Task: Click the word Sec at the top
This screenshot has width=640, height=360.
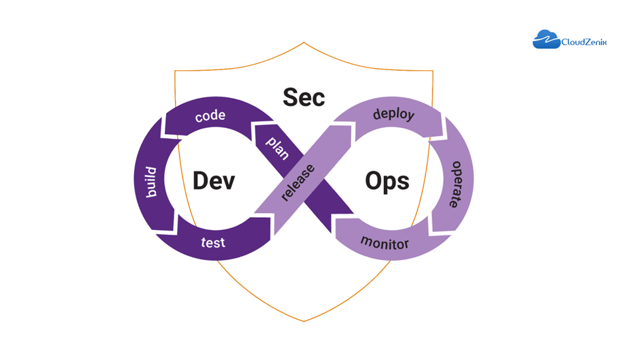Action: pos(304,97)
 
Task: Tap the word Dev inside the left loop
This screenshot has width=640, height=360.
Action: pos(214,180)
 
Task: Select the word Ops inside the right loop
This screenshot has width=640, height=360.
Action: pos(387,181)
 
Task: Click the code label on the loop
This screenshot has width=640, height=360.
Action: pos(210,116)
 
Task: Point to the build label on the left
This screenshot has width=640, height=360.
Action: pos(151,182)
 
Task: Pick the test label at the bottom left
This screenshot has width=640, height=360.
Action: pos(213,242)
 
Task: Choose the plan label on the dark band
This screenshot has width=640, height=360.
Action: pos(278,148)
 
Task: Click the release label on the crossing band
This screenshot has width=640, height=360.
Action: pos(298,182)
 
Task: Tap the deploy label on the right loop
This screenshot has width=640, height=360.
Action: pos(394,114)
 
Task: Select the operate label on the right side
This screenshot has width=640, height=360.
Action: pos(456,184)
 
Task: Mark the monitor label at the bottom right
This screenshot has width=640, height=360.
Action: pos(385,243)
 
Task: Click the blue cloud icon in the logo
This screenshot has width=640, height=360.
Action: pos(547,39)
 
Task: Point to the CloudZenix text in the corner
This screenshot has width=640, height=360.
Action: pos(584,42)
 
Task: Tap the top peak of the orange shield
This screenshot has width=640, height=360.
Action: pos(304,42)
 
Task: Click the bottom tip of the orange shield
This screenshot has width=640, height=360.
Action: pos(304,321)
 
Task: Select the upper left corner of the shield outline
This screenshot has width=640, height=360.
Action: pos(175,71)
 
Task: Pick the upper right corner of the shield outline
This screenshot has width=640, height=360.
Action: pos(432,71)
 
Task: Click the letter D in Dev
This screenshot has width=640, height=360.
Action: pos(200,180)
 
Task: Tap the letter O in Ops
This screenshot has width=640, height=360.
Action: pos(372,180)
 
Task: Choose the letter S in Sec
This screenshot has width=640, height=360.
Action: pos(290,97)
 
